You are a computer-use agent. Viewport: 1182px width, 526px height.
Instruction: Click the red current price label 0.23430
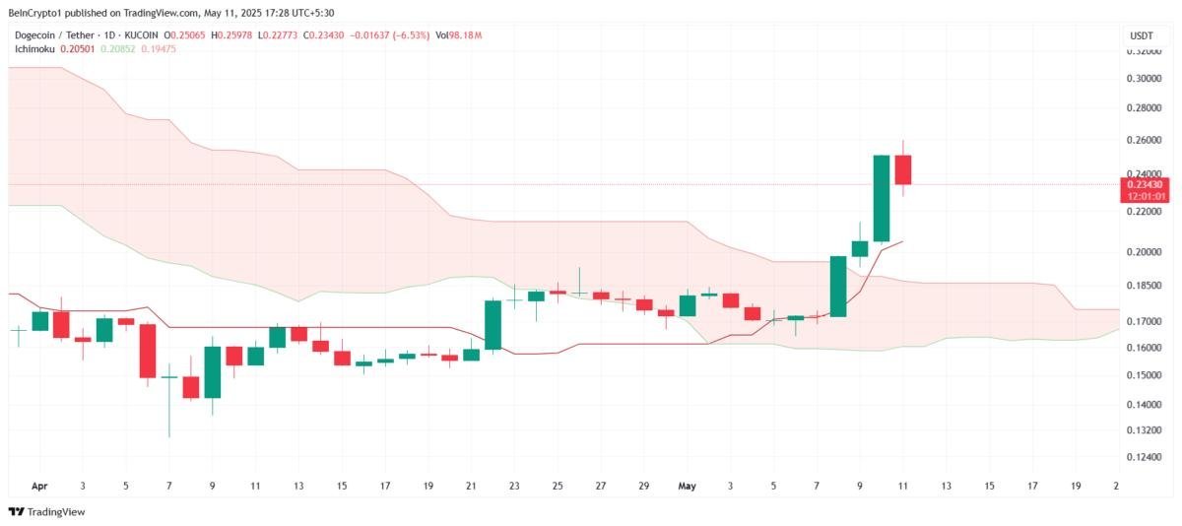point(1143,184)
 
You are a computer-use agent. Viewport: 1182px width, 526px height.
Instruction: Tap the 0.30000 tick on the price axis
point(1143,79)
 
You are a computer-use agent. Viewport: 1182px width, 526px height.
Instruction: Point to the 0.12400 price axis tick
point(1143,458)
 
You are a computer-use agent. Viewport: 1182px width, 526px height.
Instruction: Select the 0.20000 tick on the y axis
point(1143,252)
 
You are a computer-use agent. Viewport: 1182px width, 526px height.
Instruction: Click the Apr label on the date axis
point(39,486)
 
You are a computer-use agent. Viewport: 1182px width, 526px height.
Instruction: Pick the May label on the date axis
point(687,486)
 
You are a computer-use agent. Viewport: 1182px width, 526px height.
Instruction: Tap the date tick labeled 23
point(514,486)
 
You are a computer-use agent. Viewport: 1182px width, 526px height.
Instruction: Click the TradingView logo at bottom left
point(46,511)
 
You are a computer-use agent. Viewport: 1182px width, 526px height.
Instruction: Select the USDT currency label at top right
point(1140,36)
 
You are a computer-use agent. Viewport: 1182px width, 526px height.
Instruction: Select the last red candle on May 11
point(902,169)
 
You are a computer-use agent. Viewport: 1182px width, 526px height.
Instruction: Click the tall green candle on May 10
point(882,198)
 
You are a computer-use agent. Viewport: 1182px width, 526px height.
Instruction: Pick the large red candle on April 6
point(148,351)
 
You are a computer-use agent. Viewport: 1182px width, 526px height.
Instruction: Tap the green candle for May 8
point(838,286)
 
